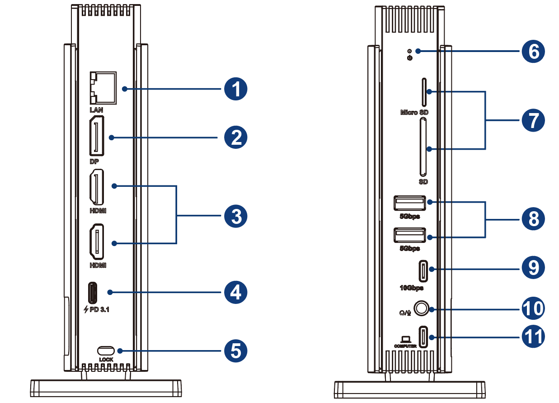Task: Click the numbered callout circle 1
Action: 236,89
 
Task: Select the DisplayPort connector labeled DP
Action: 97,136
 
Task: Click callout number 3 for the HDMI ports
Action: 236,217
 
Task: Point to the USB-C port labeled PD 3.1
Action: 92,293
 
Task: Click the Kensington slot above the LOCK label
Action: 106,351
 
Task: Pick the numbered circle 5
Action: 236,351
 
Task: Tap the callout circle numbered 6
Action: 533,52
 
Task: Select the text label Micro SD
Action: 414,112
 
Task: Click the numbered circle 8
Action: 533,219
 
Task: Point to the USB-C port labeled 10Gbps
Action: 423,270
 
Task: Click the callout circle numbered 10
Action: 533,308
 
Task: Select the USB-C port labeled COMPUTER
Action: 423,337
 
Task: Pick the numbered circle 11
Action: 533,337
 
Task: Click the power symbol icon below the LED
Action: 409,58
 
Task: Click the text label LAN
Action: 96,109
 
